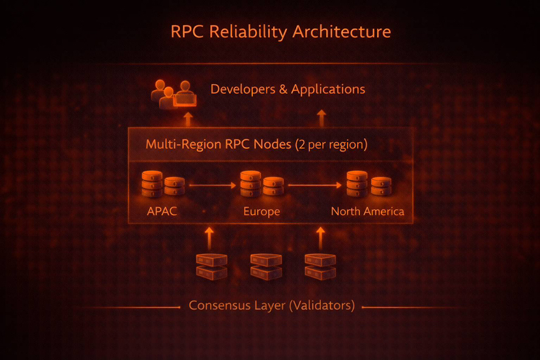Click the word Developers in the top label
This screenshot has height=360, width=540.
click(x=242, y=89)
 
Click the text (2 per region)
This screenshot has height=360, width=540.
click(x=331, y=144)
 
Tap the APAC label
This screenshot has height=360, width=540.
click(x=161, y=211)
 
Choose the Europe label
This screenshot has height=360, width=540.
click(x=262, y=211)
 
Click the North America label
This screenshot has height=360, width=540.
click(x=367, y=211)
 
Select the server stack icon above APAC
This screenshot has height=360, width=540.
click(x=163, y=185)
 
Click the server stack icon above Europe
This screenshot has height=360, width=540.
click(x=261, y=185)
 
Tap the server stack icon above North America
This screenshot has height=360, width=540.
click(x=368, y=185)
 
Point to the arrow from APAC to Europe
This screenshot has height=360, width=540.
click(x=212, y=186)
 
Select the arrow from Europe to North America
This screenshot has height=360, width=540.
click(x=314, y=186)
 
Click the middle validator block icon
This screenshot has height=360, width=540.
click(x=266, y=266)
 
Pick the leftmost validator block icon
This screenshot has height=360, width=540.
click(x=212, y=266)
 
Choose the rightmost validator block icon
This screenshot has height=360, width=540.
click(x=320, y=266)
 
